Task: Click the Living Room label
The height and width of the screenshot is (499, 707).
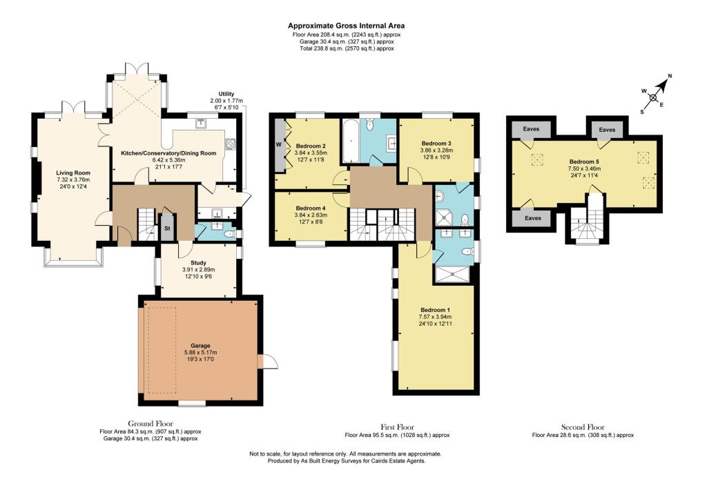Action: pyautogui.click(x=73, y=173)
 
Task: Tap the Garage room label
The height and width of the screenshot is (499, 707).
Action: pyautogui.click(x=200, y=345)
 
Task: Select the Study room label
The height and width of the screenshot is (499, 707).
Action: pyautogui.click(x=198, y=262)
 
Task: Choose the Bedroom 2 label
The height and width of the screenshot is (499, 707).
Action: pyautogui.click(x=310, y=146)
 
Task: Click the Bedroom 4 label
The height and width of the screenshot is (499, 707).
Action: pyautogui.click(x=310, y=208)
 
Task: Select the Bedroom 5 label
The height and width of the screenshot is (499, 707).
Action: pyautogui.click(x=583, y=161)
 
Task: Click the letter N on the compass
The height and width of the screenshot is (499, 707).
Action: pyautogui.click(x=670, y=77)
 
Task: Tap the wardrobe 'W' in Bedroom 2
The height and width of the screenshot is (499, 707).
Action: pyautogui.click(x=278, y=145)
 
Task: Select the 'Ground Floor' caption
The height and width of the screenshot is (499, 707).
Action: pyautogui.click(x=151, y=423)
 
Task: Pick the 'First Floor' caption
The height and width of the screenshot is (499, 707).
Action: pyautogui.click(x=397, y=427)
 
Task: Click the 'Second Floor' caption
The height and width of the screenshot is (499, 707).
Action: pyautogui.click(x=583, y=427)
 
